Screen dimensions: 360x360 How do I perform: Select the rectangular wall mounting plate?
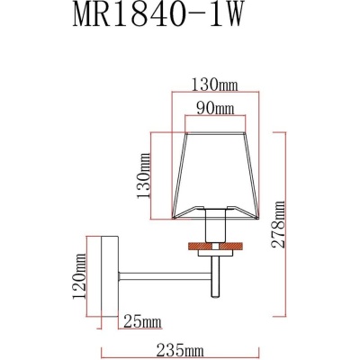(109, 274)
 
